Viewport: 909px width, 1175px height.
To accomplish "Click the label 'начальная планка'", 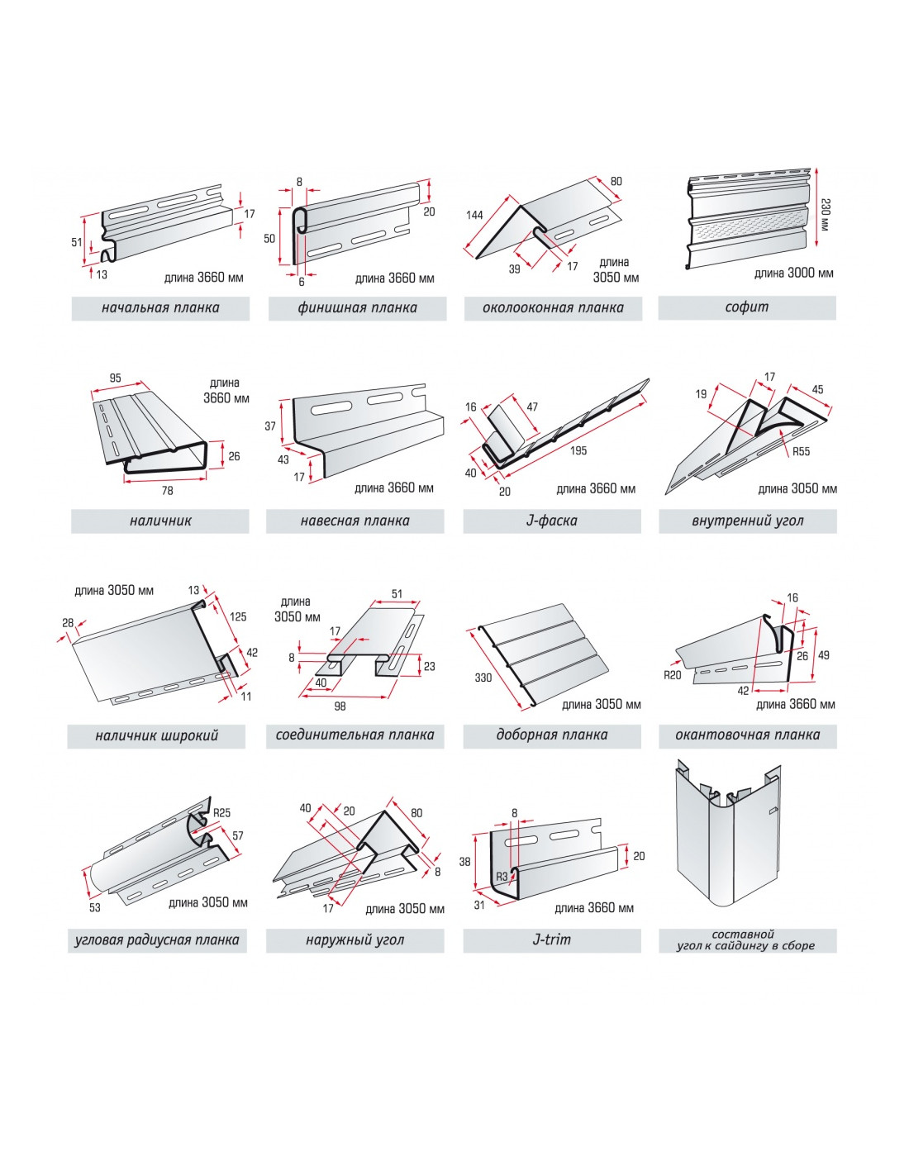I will pyautogui.click(x=160, y=308).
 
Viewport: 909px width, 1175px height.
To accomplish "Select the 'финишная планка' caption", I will pyautogui.click(x=357, y=308).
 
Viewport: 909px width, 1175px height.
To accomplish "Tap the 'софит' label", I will pyautogui.click(x=746, y=307).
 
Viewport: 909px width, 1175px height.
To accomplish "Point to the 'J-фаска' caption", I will pyautogui.click(x=551, y=521).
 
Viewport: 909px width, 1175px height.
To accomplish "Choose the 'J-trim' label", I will pyautogui.click(x=551, y=940).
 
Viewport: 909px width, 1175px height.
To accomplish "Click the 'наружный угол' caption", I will pyautogui.click(x=355, y=940).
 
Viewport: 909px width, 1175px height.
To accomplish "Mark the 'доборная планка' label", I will pyautogui.click(x=551, y=735).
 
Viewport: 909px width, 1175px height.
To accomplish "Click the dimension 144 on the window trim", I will pyautogui.click(x=474, y=216).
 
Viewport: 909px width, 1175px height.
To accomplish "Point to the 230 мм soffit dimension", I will pyautogui.click(x=824, y=214).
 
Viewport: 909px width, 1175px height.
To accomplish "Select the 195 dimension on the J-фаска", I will pyautogui.click(x=578, y=450).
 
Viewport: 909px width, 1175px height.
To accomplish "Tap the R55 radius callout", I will pyautogui.click(x=801, y=451).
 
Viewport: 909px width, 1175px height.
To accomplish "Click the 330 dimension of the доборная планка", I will pyautogui.click(x=483, y=678).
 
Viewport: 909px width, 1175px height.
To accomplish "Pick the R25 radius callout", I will pyautogui.click(x=221, y=813).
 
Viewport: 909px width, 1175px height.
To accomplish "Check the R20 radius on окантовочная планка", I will pyautogui.click(x=673, y=675).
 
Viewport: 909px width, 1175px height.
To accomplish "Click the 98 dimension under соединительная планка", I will pyautogui.click(x=340, y=706).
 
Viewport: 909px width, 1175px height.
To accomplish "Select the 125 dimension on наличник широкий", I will pyautogui.click(x=238, y=616).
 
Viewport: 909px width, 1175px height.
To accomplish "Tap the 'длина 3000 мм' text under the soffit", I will pyautogui.click(x=793, y=273).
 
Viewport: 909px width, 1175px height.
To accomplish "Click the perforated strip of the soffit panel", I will pyautogui.click(x=748, y=228).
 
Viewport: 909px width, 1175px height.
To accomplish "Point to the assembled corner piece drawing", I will pyautogui.click(x=728, y=843).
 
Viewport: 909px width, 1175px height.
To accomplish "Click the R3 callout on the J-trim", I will pyautogui.click(x=502, y=877).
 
